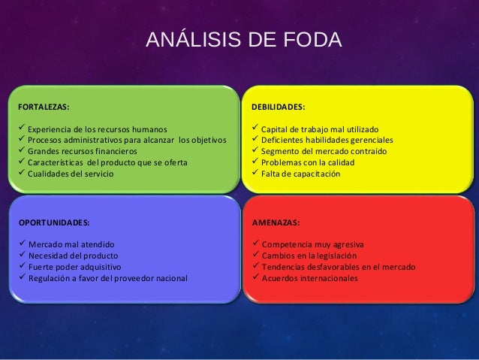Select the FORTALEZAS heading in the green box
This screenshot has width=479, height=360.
coord(44,107)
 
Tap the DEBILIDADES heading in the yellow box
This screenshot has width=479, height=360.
coord(278,107)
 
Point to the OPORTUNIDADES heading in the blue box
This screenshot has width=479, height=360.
coord(53,223)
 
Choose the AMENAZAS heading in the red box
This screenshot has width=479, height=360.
coord(276,223)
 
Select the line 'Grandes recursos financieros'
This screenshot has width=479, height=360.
coord(83,151)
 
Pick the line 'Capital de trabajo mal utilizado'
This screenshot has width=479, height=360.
coord(320,129)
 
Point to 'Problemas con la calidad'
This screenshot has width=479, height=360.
coord(307,162)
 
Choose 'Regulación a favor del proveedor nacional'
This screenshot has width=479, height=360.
coord(108,278)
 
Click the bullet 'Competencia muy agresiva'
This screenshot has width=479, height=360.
coord(311,244)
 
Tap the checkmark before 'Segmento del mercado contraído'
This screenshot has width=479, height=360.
coord(255,150)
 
